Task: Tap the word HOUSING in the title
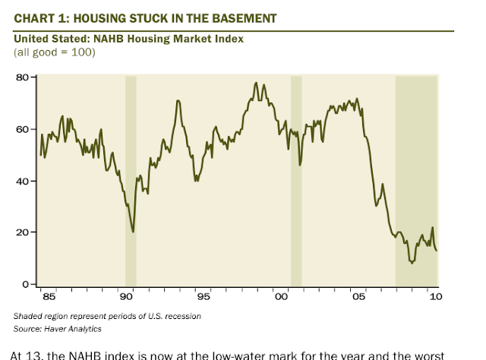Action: [103, 17]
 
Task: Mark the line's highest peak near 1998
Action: [256, 83]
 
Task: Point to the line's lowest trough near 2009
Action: [412, 262]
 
